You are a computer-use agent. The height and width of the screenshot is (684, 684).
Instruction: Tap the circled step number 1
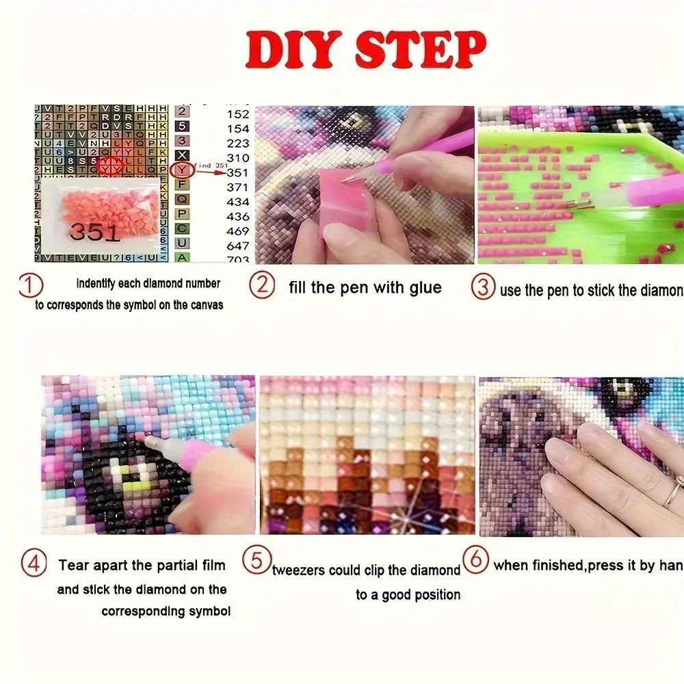(31, 285)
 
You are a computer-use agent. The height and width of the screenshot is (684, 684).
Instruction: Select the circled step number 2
(262, 285)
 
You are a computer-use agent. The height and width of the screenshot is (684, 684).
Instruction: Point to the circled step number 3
(484, 287)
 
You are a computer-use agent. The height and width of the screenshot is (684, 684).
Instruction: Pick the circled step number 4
(34, 565)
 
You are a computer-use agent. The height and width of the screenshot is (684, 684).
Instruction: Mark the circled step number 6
(476, 560)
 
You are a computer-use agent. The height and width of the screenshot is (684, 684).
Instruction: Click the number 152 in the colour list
(238, 114)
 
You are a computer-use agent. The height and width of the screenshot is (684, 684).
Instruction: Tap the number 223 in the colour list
(238, 143)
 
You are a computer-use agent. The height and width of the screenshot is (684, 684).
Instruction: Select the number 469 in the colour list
(238, 231)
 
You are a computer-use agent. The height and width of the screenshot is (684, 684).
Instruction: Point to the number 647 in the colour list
(238, 246)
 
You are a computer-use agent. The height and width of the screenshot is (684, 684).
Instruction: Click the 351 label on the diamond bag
(94, 232)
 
